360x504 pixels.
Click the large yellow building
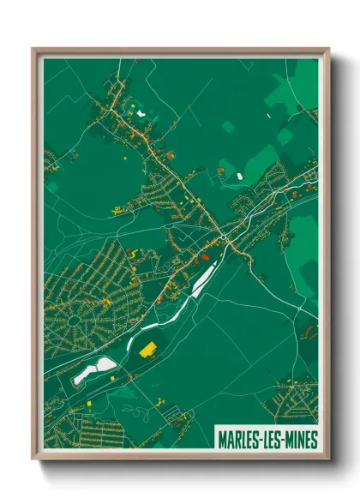point(148,349)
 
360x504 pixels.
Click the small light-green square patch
point(227,127)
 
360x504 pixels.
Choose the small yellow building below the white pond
point(91,399)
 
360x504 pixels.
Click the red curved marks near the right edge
point(310,328)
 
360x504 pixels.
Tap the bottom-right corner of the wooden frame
point(328,459)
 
